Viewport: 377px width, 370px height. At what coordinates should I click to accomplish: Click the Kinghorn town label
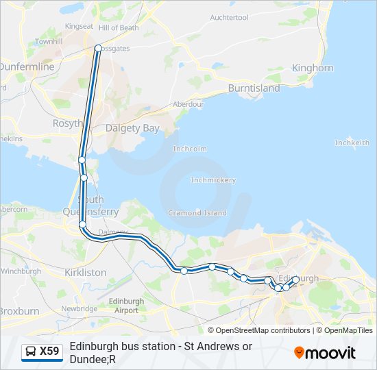pyautogui.click(x=313, y=68)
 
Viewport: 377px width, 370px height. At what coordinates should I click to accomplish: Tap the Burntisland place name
pyautogui.click(x=254, y=88)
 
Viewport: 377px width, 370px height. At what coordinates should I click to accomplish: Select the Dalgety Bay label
pyautogui.click(x=132, y=128)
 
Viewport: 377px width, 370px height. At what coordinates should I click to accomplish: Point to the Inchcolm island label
pyautogui.click(x=190, y=149)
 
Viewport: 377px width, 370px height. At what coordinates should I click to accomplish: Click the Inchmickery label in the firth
pyautogui.click(x=212, y=180)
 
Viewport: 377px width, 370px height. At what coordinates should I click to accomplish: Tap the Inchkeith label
pyautogui.click(x=352, y=143)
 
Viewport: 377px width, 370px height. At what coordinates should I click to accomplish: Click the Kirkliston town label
pyautogui.click(x=84, y=272)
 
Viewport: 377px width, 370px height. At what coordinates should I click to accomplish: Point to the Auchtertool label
pyautogui.click(x=229, y=17)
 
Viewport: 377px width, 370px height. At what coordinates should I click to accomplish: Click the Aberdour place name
pyautogui.click(x=188, y=104)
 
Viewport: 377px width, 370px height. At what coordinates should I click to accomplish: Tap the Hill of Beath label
pyautogui.click(x=119, y=28)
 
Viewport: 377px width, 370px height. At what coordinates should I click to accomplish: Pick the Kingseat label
pyautogui.click(x=79, y=26)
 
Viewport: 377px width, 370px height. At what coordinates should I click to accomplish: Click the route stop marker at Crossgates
pyautogui.click(x=98, y=48)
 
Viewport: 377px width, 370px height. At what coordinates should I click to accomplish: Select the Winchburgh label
pyautogui.click(x=21, y=271)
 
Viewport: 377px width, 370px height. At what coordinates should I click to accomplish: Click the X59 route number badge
pyautogui.click(x=42, y=351)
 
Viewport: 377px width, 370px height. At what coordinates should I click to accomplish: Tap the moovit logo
pyautogui.click(x=325, y=353)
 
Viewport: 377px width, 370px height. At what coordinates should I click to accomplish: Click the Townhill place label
pyautogui.click(x=49, y=41)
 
